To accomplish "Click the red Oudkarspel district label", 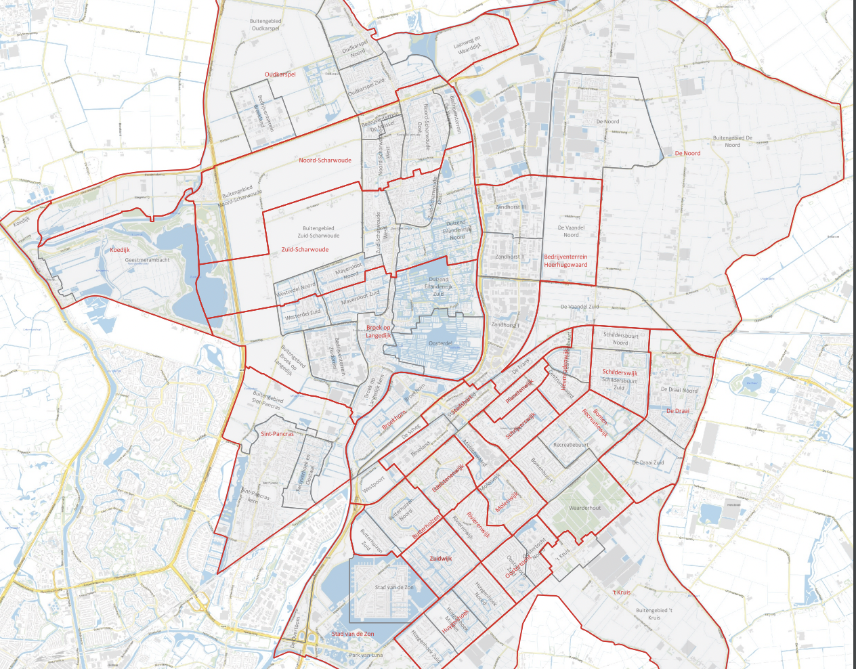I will coord(280,74).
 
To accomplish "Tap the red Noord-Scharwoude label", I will coord(325,160).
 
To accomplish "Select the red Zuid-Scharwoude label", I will coord(305,250).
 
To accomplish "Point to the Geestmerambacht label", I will coord(147,260).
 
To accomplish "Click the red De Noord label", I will coord(687,154).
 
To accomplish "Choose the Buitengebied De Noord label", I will coord(732,142).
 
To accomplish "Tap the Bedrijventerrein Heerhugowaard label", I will coord(565,261).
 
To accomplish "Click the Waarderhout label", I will coord(584,508).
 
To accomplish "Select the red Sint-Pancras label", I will coord(277,434).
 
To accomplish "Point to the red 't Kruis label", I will coord(621,592).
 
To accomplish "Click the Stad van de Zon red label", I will coord(352,634).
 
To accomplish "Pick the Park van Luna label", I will coord(366,655).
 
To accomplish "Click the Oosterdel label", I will coord(441,344).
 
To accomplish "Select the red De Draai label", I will coord(677,412).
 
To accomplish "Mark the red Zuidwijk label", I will coord(440,559).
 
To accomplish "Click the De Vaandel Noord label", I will coord(571,232).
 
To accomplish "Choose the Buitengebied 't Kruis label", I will coord(654,614).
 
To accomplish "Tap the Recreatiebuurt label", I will coord(570,446).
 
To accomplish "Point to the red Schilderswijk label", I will coord(620,373).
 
